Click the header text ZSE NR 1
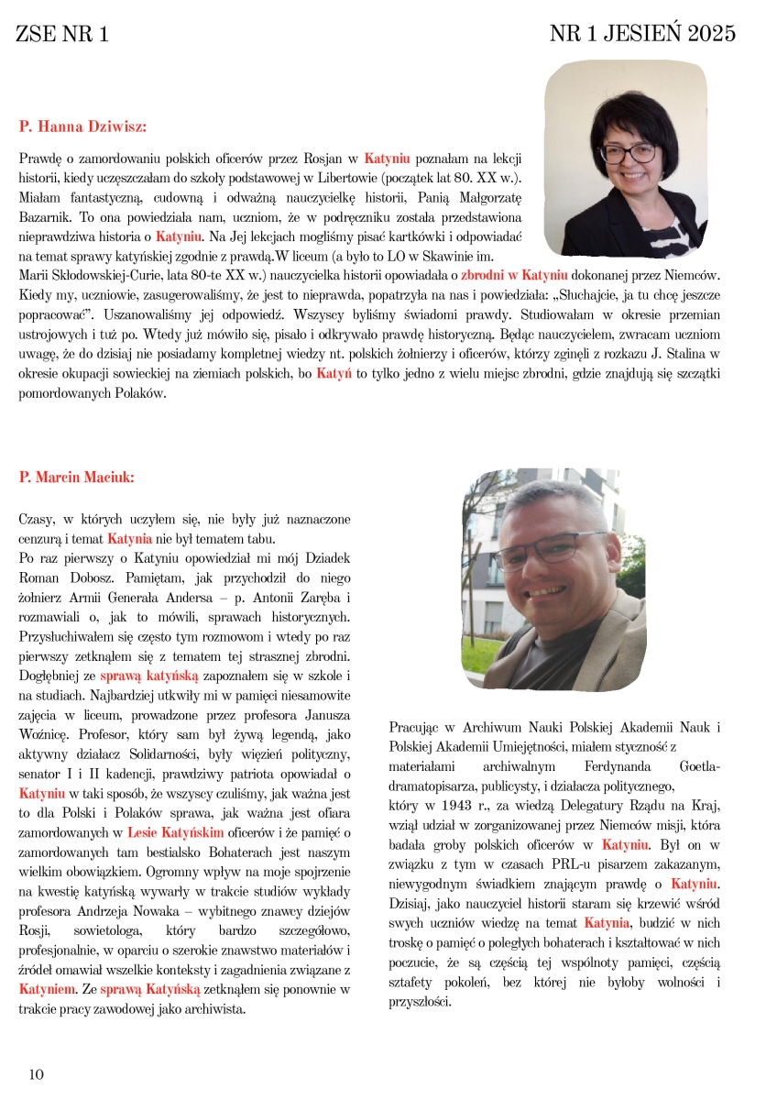pyautogui.click(x=62, y=35)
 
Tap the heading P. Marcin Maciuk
pyautogui.click(x=76, y=477)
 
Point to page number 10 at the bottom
pyautogui.click(x=37, y=1074)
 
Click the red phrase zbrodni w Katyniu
pyautogui.click(x=514, y=275)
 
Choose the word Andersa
pyautogui.click(x=192, y=599)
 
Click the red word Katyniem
pyautogui.click(x=49, y=989)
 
